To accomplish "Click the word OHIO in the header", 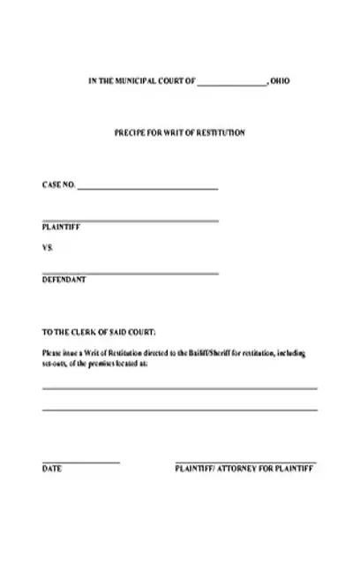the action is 278,81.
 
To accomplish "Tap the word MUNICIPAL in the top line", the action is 140,81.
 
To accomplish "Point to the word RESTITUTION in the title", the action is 223,132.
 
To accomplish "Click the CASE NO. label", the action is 58,186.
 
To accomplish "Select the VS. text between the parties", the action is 48,248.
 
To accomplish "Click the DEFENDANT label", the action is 64,279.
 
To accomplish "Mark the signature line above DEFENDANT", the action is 130,273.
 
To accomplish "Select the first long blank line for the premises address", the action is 179,388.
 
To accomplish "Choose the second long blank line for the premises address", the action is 179,410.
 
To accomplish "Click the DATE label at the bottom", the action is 51,470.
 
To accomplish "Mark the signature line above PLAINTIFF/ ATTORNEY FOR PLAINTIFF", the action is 244,463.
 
